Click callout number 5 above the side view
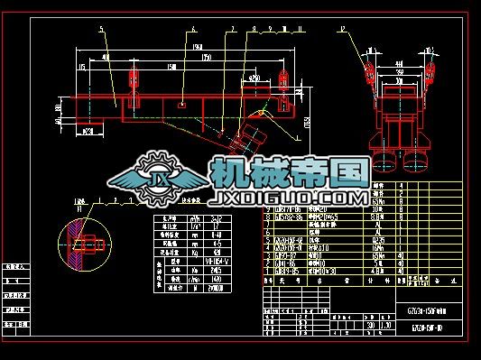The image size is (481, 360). coord(102,30)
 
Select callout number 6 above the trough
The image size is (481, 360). coord(192,29)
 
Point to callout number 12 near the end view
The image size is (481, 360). coord(343,29)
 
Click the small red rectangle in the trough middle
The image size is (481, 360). coord(183,104)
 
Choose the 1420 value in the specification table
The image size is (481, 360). coord(214,282)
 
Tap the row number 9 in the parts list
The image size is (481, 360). coord(267,208)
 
